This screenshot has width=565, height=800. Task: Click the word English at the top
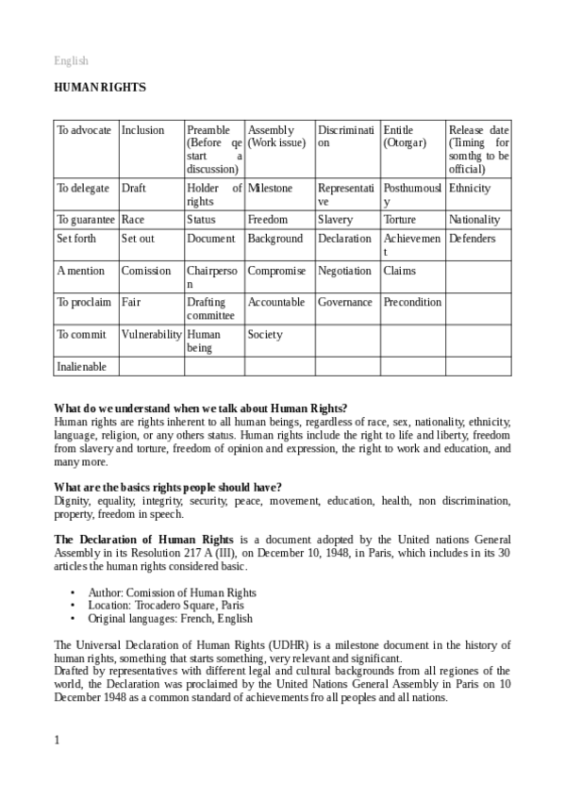coord(71,61)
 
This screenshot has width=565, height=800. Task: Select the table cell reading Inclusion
coord(142,130)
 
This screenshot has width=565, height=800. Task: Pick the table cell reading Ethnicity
coord(470,189)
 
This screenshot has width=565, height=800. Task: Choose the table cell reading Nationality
coord(474,220)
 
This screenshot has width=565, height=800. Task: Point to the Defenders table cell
coord(472,240)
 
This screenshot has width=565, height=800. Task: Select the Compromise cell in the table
coord(276,271)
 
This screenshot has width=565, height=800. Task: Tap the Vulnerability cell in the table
coord(151,335)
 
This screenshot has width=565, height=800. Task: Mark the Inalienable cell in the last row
coord(82,367)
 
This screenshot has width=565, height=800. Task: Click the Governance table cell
coord(345,303)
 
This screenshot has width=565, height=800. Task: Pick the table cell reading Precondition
coord(412,303)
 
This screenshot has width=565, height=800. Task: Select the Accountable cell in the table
coord(276,303)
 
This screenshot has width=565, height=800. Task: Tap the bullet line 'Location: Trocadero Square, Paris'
coord(159,606)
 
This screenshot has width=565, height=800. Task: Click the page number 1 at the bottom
coord(57,740)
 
